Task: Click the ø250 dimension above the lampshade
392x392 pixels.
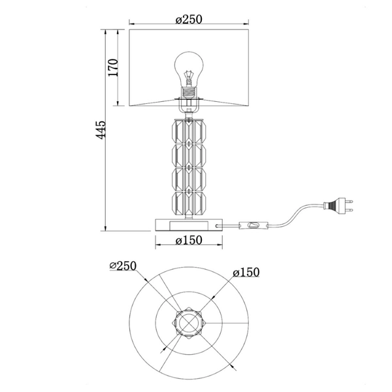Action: [189, 19]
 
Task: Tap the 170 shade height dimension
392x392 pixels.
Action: [113, 67]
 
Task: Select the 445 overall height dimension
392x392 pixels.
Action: [101, 130]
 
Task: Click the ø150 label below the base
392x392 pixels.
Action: [189, 240]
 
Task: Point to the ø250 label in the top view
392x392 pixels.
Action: [123, 266]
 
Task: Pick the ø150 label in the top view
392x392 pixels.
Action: [246, 272]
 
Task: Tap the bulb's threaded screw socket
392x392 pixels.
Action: [189, 92]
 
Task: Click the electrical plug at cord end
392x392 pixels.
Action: [338, 205]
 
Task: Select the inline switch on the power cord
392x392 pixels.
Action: [253, 225]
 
